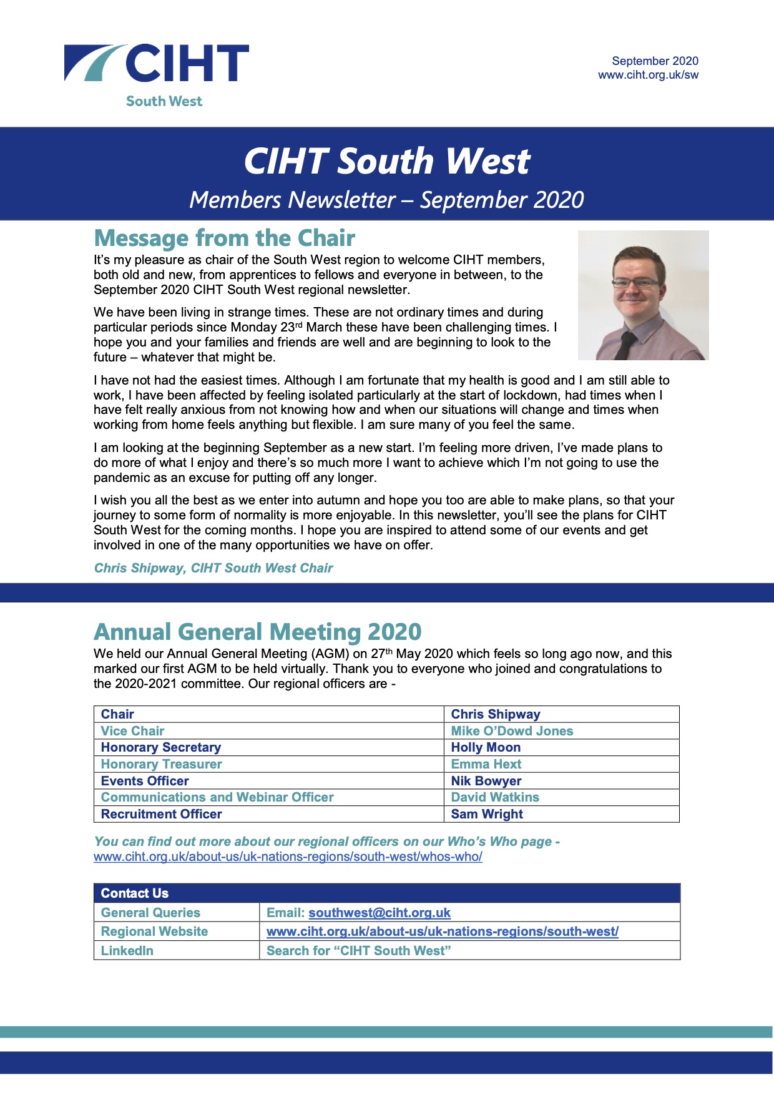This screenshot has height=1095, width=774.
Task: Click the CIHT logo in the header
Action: coord(157,69)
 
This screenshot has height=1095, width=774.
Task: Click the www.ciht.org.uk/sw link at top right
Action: coord(648,76)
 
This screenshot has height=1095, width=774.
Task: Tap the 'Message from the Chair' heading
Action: coord(224,238)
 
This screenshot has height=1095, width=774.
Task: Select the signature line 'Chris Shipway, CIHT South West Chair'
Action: coord(213,568)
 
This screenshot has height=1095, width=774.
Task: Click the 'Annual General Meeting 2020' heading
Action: coord(257,632)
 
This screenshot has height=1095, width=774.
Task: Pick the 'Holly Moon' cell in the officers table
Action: coord(486,747)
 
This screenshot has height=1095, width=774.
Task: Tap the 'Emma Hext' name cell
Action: coord(486,764)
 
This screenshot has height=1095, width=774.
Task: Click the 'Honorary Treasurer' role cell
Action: coord(161,764)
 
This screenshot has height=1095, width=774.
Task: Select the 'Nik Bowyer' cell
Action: coord(486,781)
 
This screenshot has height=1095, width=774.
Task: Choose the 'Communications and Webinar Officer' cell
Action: coord(217,797)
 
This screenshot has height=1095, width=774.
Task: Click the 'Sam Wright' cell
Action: coord(487,814)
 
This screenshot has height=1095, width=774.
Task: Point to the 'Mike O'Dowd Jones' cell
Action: coord(512,731)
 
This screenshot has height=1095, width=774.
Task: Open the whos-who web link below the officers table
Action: coord(288,857)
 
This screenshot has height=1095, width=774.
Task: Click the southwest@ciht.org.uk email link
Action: coord(379,913)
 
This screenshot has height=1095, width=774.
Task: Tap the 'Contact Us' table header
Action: coord(135,893)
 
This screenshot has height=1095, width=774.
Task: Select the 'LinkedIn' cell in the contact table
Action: coord(127,951)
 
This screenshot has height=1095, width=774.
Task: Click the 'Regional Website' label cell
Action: coord(154,931)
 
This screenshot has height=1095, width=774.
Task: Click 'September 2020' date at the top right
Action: coord(655,61)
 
